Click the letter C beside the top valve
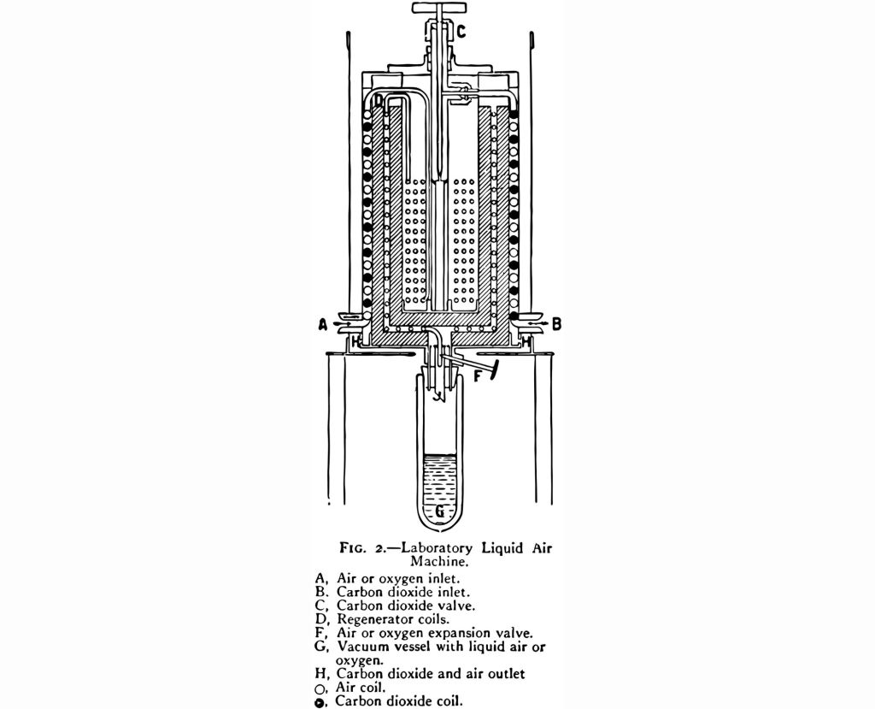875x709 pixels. pyautogui.click(x=461, y=32)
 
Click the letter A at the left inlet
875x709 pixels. pyautogui.click(x=322, y=324)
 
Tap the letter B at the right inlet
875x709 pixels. pyautogui.click(x=556, y=323)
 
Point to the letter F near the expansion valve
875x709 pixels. pyautogui.click(x=478, y=376)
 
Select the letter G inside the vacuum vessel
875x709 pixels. pyautogui.click(x=440, y=511)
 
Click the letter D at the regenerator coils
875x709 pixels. pyautogui.click(x=379, y=101)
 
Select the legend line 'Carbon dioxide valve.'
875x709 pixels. pyautogui.click(x=406, y=605)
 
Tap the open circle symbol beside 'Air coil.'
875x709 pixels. pyautogui.click(x=320, y=688)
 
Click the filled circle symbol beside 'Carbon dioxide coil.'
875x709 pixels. pyautogui.click(x=320, y=702)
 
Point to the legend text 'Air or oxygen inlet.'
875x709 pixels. pyautogui.click(x=398, y=578)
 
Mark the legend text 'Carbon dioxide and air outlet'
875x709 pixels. pyautogui.click(x=431, y=673)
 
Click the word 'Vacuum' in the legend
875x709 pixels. pyautogui.click(x=360, y=647)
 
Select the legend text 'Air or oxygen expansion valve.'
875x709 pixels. pyautogui.click(x=435, y=633)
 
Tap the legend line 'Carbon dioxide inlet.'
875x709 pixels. pyautogui.click(x=403, y=592)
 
